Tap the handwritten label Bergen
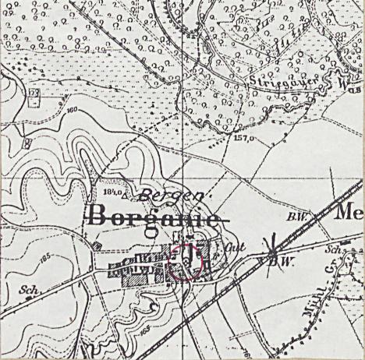(x=165, y=195)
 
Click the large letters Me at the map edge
(x=349, y=211)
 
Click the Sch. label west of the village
(x=27, y=288)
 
